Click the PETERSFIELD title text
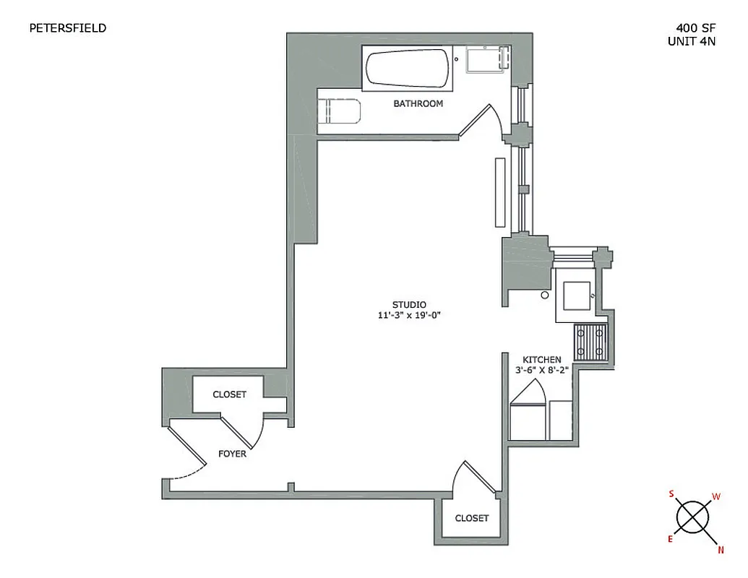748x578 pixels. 67,28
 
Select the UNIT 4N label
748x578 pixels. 692,42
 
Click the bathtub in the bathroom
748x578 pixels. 408,69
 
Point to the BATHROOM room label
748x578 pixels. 418,104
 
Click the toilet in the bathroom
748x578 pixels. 338,112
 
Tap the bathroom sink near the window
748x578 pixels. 485,59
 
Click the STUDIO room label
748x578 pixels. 409,304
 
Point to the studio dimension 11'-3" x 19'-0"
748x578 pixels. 409,315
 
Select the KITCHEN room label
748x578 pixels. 542,359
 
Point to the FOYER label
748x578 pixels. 232,454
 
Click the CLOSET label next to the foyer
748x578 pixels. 229,394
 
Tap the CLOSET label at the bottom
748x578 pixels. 471,518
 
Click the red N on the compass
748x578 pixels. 720,551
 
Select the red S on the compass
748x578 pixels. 671,494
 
